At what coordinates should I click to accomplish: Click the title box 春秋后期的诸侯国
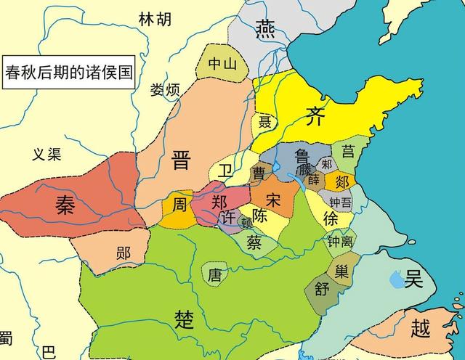click(69, 73)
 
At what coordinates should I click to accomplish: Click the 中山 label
click(223, 64)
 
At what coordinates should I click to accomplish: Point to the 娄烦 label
click(164, 91)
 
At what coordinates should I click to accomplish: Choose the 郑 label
click(219, 202)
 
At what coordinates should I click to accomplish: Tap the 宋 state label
click(274, 199)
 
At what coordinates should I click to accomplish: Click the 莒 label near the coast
click(349, 151)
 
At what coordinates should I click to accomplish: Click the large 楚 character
click(185, 319)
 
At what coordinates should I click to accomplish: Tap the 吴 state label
click(414, 278)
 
